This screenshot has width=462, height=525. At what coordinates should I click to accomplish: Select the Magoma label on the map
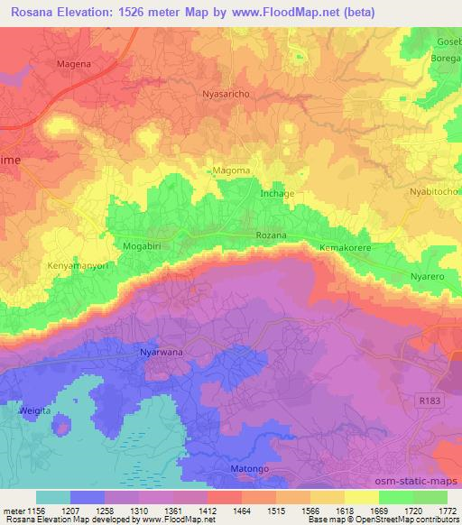coord(231,170)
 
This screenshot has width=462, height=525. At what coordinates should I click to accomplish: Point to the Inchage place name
coord(277,194)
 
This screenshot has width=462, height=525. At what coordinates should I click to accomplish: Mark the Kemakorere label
coord(346,246)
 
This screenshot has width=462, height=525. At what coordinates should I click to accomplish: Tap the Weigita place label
coord(33,410)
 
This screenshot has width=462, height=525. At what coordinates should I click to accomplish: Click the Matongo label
coord(243,469)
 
